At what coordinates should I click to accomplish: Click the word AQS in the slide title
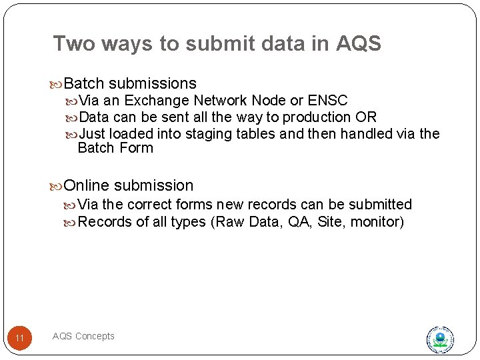click(358, 44)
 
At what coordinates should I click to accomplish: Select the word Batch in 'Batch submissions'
click(85, 84)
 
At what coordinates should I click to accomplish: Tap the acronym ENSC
click(328, 101)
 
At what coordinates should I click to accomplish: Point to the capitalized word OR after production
click(366, 117)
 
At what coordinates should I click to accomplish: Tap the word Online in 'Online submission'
click(86, 186)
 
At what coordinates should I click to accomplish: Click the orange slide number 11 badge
click(20, 338)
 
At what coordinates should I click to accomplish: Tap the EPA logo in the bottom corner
click(440, 339)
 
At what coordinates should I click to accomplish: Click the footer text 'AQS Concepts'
click(83, 336)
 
